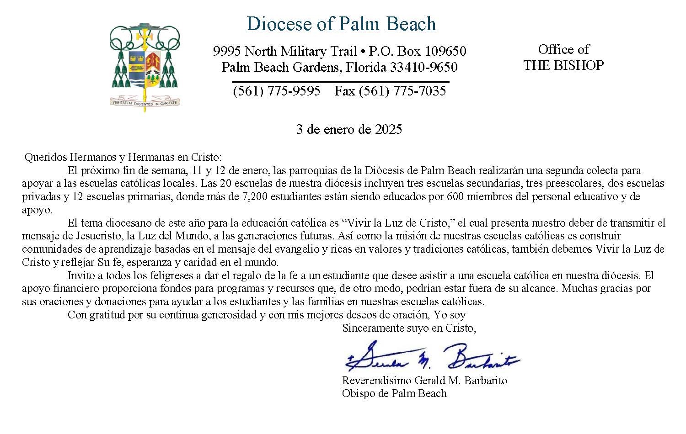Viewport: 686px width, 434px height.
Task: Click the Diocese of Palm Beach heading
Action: point(341,24)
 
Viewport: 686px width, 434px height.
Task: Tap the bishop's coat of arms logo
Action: point(145,59)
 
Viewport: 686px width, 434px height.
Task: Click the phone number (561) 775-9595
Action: point(277,91)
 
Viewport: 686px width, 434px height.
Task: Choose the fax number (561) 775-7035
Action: point(390,91)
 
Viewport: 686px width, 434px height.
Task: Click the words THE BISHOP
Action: point(563,65)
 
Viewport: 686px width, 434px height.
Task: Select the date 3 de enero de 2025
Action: point(349,129)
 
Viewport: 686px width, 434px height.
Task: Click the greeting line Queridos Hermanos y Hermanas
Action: point(123,157)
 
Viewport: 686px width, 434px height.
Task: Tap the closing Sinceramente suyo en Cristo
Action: point(409,328)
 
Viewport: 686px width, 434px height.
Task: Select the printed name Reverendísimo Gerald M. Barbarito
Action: point(424,381)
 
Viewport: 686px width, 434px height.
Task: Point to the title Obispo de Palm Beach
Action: point(394,393)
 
